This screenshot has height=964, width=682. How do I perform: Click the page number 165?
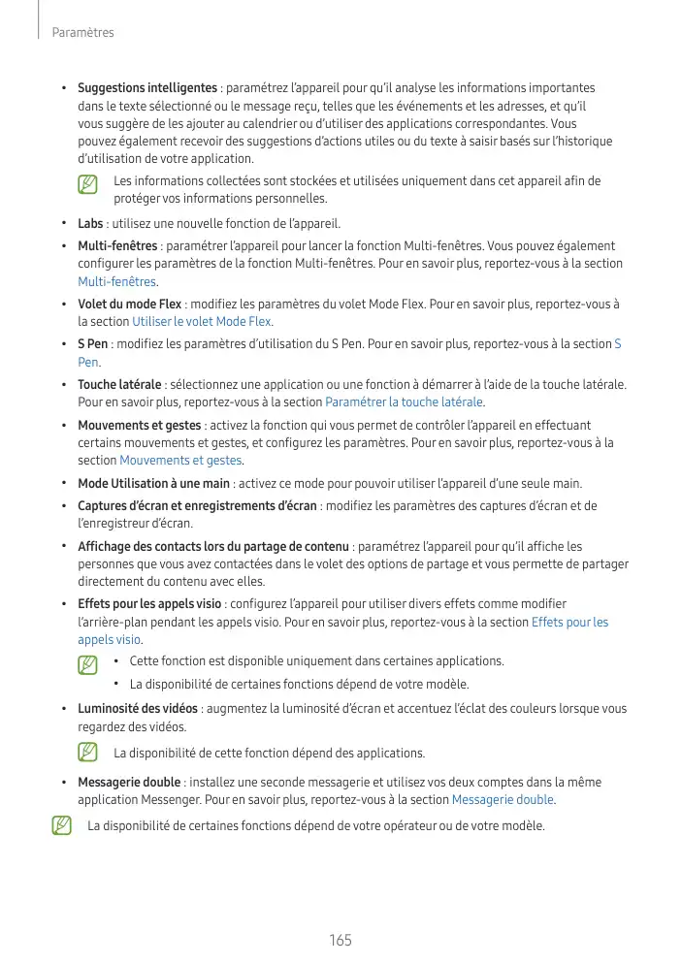pyautogui.click(x=340, y=940)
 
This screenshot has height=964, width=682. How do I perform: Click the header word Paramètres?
pyautogui.click(x=84, y=33)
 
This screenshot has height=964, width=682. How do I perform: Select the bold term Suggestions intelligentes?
pyautogui.click(x=147, y=88)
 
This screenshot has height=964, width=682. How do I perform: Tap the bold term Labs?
pyautogui.click(x=90, y=223)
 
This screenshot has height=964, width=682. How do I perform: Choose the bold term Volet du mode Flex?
pyautogui.click(x=129, y=305)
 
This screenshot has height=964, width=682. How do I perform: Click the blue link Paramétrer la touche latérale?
pyautogui.click(x=405, y=402)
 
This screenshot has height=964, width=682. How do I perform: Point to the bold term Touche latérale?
pyautogui.click(x=120, y=385)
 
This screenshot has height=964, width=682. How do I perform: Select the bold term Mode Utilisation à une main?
pyautogui.click(x=153, y=483)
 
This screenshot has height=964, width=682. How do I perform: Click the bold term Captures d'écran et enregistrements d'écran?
pyautogui.click(x=197, y=505)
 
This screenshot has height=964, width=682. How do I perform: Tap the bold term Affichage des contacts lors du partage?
pyautogui.click(x=213, y=547)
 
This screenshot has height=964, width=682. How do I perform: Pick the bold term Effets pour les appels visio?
pyautogui.click(x=149, y=605)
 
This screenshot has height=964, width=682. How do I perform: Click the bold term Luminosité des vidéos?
pyautogui.click(x=138, y=708)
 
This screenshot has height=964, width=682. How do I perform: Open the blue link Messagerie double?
pyautogui.click(x=503, y=800)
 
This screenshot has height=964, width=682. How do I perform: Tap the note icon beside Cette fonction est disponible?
pyautogui.click(x=88, y=665)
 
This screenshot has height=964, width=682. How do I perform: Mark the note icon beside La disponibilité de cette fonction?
pyautogui.click(x=88, y=753)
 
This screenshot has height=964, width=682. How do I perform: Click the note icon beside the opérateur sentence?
pyautogui.click(x=62, y=826)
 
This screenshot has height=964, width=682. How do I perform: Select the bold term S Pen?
pyautogui.click(x=92, y=344)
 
